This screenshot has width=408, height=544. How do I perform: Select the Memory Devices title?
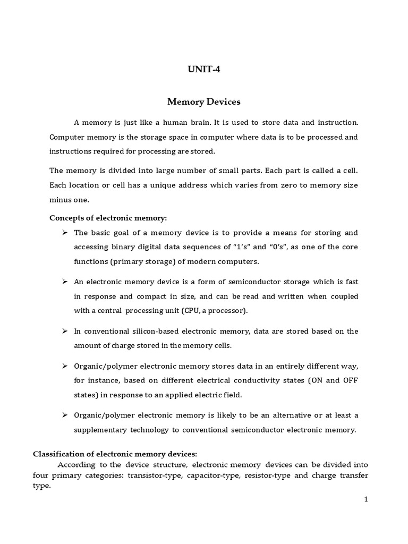[x=204, y=101]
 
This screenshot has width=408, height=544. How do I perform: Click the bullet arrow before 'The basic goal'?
[x=64, y=233]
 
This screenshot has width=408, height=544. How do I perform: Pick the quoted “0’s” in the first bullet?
[x=283, y=247]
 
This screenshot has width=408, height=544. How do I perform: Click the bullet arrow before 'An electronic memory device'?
[x=64, y=282]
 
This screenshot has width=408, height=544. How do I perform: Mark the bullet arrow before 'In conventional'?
[x=64, y=331]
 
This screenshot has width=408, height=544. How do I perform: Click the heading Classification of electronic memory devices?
[x=115, y=454]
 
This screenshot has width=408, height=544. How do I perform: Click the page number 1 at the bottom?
[x=366, y=499]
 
